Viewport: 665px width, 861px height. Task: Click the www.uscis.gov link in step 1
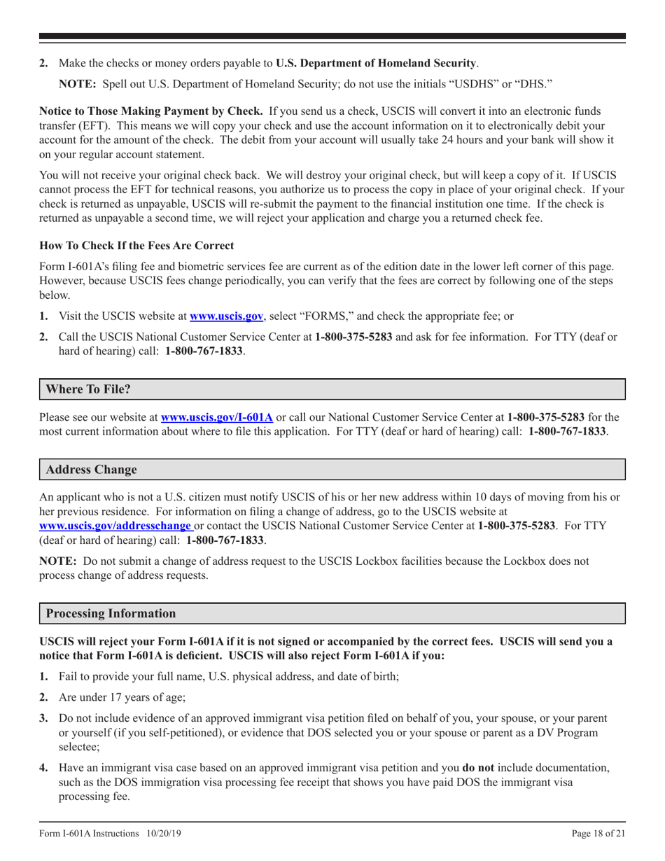[221, 316]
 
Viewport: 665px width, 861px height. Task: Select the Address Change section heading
[91, 469]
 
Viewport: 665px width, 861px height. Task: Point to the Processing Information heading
[111, 614]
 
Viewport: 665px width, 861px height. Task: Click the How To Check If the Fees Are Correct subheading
[136, 246]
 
